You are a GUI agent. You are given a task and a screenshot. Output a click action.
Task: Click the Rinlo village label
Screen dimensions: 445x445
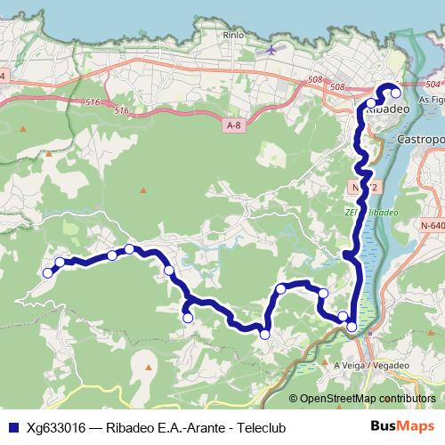pyautogui.click(x=235, y=35)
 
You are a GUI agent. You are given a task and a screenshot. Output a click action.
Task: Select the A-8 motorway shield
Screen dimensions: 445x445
pyautogui.click(x=233, y=126)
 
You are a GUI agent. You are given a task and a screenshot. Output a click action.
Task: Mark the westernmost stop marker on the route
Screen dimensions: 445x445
pyautogui.click(x=49, y=271)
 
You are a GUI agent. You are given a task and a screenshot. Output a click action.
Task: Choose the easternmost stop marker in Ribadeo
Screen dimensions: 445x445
pyautogui.click(x=396, y=93)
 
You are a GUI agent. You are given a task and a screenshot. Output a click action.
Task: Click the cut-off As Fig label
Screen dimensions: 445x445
pyautogui.click(x=431, y=101)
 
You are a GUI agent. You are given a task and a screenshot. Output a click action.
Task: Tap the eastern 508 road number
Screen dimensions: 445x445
pyautogui.click(x=336, y=87)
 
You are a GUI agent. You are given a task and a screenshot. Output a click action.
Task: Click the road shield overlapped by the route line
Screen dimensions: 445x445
pyautogui.click(x=356, y=188)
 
